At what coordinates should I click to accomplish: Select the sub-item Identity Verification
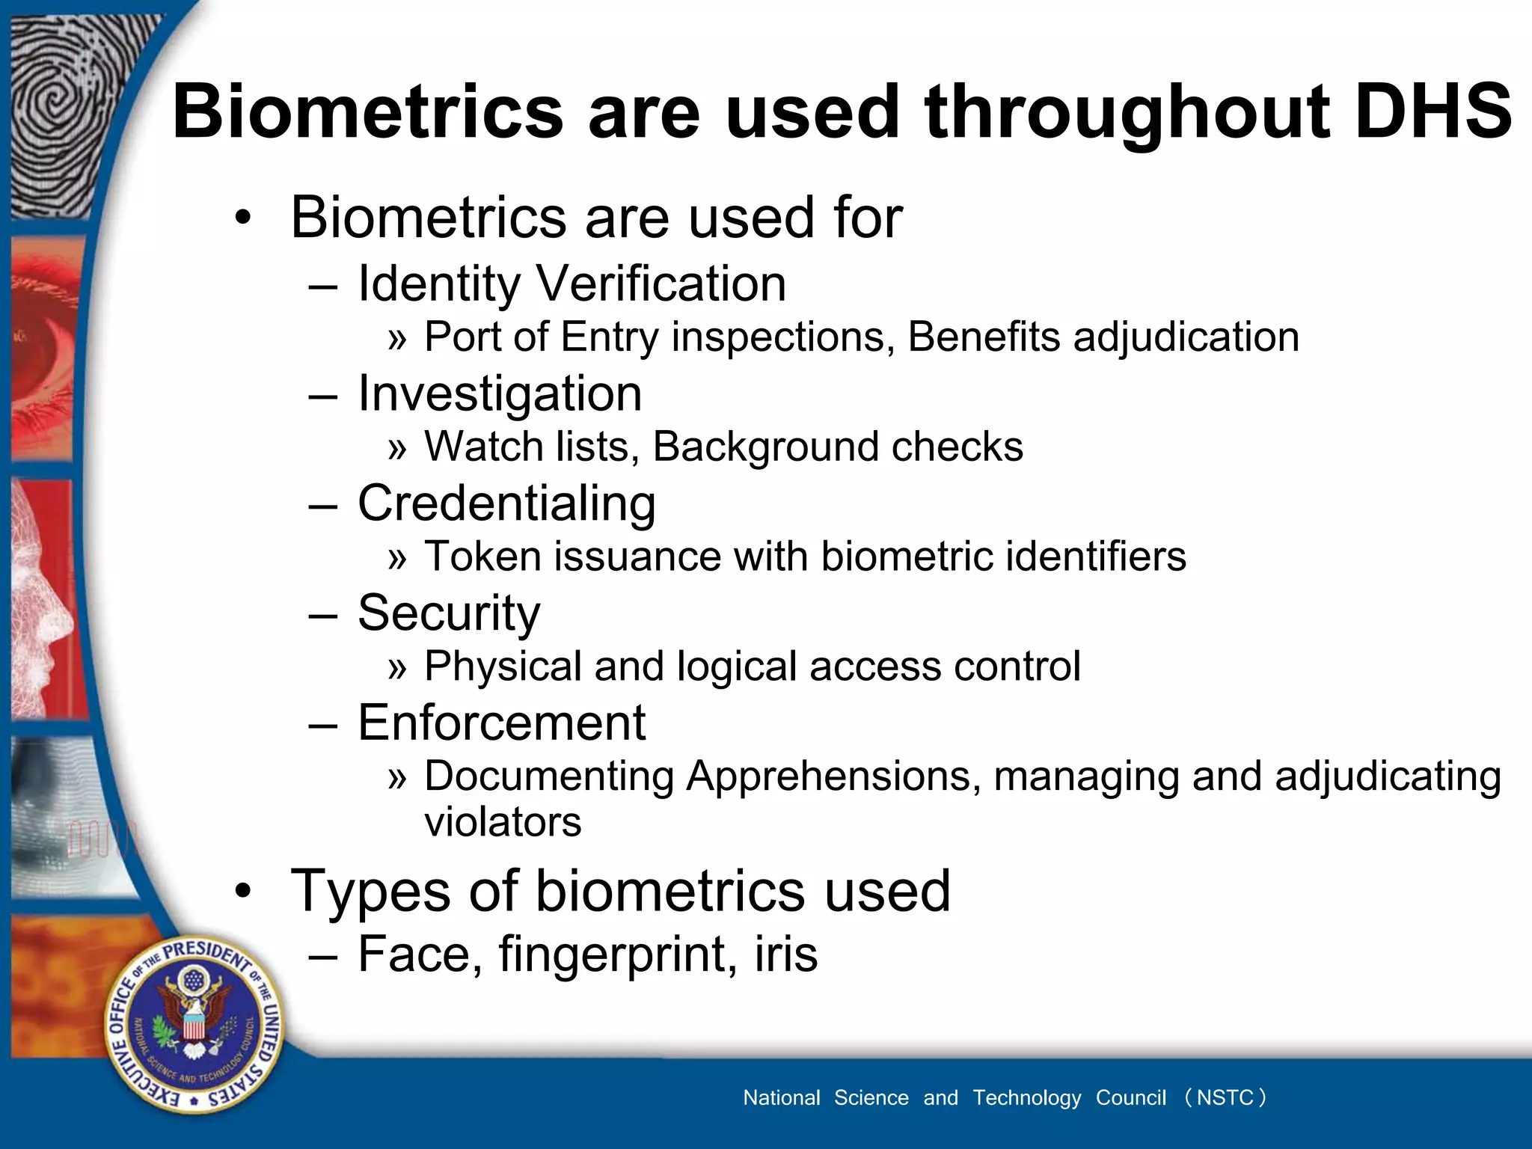572,284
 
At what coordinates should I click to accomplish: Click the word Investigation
500,394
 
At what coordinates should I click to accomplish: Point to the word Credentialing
506,503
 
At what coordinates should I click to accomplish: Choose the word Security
449,613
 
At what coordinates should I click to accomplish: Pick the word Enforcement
501,723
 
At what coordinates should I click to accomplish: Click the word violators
503,822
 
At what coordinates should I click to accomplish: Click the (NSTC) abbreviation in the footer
1225,1097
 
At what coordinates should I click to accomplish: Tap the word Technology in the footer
1026,1097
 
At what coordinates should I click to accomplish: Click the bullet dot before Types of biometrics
242,892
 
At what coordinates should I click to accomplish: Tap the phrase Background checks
837,447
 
